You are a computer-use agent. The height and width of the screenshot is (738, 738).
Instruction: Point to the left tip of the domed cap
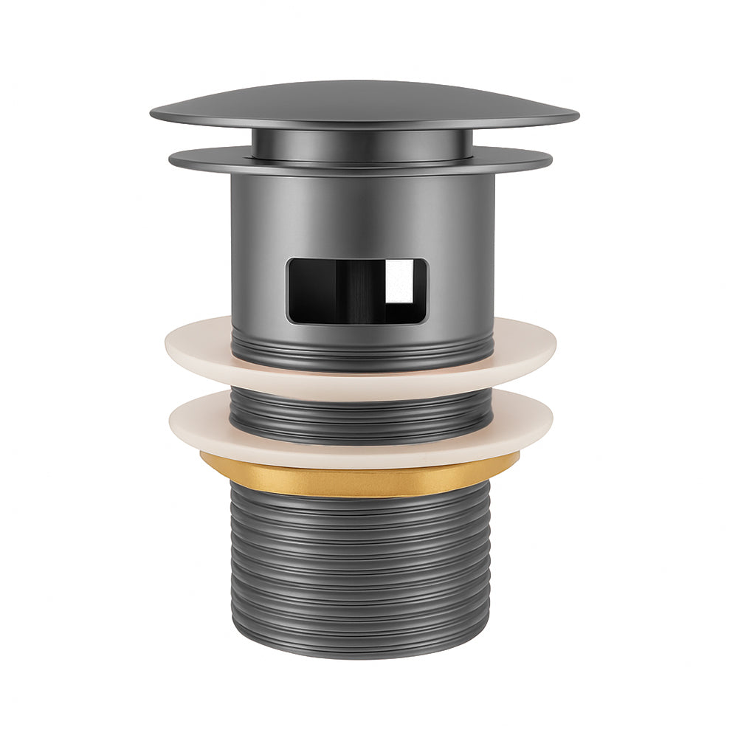[x=154, y=114]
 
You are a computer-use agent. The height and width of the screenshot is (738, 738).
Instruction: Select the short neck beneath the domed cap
[x=362, y=143]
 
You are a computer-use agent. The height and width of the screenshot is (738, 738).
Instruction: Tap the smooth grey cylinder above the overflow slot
[x=362, y=214]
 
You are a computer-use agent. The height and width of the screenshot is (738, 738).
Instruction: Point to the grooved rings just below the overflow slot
[x=362, y=347]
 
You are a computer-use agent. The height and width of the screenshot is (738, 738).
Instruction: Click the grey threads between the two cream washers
[x=362, y=413]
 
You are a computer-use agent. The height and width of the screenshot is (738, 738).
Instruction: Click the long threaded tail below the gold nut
[x=362, y=568]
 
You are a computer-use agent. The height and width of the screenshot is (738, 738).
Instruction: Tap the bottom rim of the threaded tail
[x=362, y=652]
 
